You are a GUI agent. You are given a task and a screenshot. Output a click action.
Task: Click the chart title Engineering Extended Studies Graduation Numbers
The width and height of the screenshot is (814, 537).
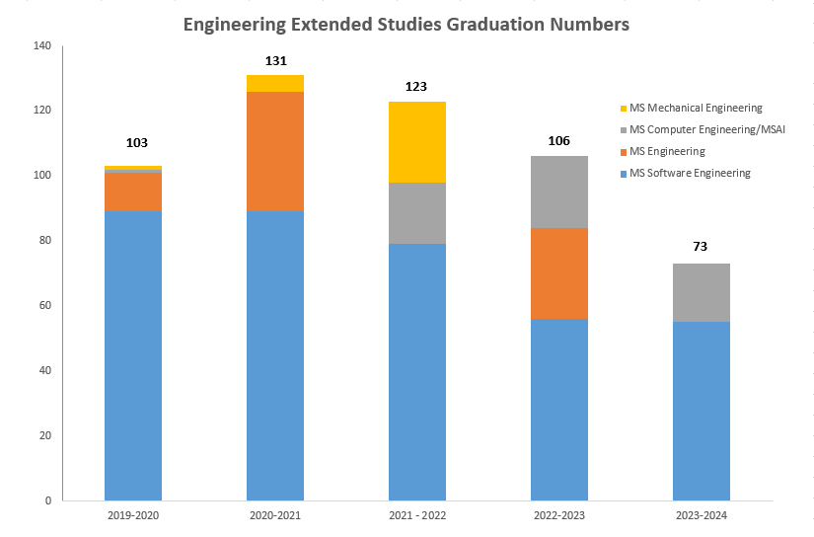click(407, 26)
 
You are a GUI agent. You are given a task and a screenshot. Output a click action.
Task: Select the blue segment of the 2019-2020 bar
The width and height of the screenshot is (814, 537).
click(133, 355)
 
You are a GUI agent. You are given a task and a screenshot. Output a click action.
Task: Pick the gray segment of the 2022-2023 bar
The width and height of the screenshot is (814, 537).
click(559, 192)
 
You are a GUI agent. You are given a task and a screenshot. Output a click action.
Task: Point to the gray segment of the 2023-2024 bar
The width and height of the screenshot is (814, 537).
click(701, 292)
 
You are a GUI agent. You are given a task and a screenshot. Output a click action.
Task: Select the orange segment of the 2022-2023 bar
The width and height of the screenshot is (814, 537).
click(559, 273)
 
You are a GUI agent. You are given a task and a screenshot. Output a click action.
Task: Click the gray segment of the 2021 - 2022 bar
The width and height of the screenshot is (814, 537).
click(417, 213)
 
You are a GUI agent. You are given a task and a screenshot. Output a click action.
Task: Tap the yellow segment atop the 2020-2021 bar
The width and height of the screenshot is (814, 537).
click(275, 83)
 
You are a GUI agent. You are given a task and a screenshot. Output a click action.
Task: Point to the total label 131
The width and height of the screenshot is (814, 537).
click(275, 61)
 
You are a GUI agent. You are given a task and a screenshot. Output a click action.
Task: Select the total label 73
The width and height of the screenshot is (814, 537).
click(701, 247)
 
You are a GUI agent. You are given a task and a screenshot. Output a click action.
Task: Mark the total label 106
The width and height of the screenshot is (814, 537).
click(559, 140)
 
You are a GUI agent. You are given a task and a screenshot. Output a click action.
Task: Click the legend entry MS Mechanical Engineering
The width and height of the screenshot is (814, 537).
click(696, 109)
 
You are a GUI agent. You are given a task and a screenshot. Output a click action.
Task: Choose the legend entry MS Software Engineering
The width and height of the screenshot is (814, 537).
click(690, 174)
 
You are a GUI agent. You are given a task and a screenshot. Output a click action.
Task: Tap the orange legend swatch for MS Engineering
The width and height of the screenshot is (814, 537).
click(622, 152)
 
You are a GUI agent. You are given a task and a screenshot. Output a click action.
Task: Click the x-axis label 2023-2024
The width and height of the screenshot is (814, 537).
click(701, 515)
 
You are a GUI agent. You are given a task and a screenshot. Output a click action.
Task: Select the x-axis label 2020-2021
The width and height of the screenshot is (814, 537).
click(275, 515)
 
